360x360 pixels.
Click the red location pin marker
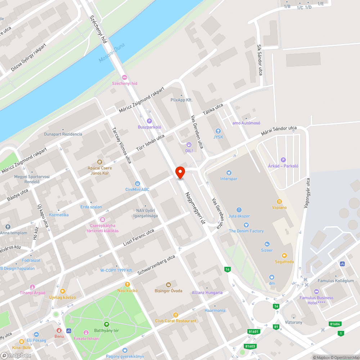[x=180, y=172]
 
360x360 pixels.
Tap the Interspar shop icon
[x=229, y=173]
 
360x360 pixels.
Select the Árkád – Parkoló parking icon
[x=283, y=160]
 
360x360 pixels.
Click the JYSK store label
[x=218, y=137]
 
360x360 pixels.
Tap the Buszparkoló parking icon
[x=149, y=121]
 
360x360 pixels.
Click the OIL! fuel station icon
[x=189, y=144]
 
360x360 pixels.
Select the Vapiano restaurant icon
[x=279, y=202]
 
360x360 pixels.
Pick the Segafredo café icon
[x=284, y=256]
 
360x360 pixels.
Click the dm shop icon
[x=272, y=277]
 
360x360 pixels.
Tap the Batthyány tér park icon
[x=107, y=324]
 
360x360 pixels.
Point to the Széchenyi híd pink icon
[x=125, y=77]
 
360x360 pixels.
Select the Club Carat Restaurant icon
[x=176, y=315]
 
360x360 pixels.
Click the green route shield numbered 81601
[x=254, y=332]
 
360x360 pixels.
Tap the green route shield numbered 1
[x=340, y=333]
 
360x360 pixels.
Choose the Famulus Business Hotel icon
[x=316, y=292]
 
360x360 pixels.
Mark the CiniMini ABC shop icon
[x=137, y=184]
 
